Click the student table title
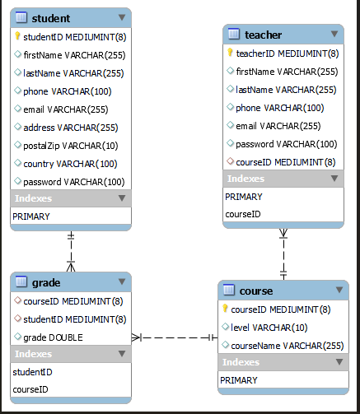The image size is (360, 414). [50, 17]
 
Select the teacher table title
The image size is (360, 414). [263, 35]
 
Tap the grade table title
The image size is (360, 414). [45, 282]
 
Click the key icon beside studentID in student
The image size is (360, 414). [17, 36]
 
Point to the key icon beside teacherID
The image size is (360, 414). [231, 53]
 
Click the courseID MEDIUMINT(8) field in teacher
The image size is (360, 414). [283, 161]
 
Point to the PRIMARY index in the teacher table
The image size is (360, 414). [243, 197]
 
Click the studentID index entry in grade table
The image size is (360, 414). [30, 372]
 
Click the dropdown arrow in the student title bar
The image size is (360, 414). [122, 17]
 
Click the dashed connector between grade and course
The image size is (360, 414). [175, 337]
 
